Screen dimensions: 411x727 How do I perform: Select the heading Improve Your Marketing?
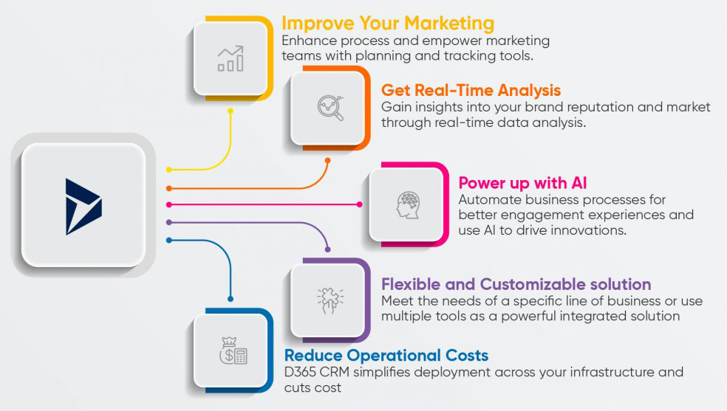tap(388, 23)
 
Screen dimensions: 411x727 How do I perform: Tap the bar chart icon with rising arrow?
tap(230, 58)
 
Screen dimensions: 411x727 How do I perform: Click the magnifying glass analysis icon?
tap(330, 108)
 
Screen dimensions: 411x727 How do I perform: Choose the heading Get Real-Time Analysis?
tap(471, 91)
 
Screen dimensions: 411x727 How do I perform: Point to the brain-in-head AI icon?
tap(408, 204)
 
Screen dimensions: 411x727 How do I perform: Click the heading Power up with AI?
tap(522, 182)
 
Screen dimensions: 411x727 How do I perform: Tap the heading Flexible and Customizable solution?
tap(516, 284)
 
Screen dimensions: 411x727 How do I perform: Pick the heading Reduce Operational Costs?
tap(386, 355)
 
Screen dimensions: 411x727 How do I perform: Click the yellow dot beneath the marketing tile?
tap(231, 111)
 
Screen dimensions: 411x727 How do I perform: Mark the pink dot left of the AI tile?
tap(360, 204)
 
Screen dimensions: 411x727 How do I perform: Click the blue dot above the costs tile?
tap(231, 299)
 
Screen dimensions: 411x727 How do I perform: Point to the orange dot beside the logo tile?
tap(169, 188)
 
